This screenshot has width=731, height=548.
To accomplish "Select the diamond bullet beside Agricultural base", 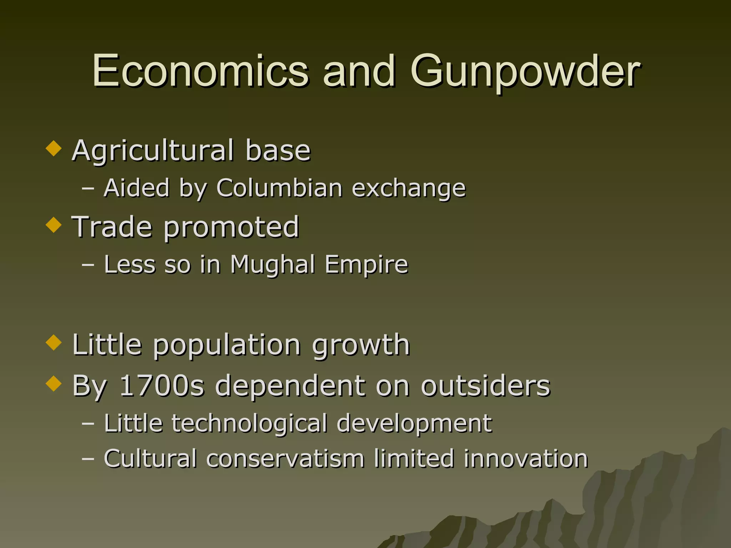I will coord(54,148).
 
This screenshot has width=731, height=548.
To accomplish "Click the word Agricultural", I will coord(153,151).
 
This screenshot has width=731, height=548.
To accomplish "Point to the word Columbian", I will coord(279,188).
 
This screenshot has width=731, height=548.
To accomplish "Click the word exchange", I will coord(409,188).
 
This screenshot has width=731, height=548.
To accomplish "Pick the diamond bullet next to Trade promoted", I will coord(54,225).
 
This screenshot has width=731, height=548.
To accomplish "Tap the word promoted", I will coord(231,227).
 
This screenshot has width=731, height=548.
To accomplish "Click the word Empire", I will coord(366,265).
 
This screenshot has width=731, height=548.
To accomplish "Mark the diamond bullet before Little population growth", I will coord(54,342).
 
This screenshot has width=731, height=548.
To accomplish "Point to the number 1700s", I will coord(162,386).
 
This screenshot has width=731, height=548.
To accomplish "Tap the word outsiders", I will coord(485,386).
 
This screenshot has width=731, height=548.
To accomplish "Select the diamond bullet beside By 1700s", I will coord(54,384).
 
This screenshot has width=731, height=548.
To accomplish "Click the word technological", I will coord(249,423).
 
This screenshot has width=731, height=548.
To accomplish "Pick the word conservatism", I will coord(286,458).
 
